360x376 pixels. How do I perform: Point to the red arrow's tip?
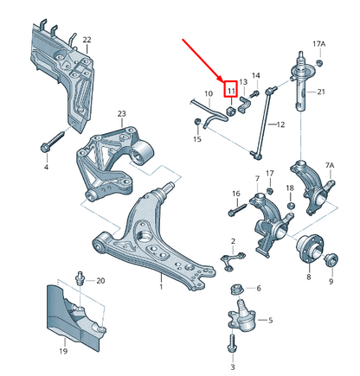coord(222,82)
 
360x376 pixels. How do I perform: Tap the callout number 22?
coord(87,40)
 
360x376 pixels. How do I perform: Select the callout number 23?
coord(122,113)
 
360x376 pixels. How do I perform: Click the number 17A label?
coord(319,44)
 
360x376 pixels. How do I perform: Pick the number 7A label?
coord(330,165)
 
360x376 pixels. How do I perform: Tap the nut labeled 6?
coord(238,290)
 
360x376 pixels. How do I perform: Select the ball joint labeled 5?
coord(242,316)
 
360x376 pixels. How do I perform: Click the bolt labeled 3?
coord(233,344)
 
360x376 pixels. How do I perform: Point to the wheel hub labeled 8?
coord(311,249)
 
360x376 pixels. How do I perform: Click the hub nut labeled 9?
coord(331,260)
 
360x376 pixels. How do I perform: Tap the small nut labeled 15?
coord(197,121)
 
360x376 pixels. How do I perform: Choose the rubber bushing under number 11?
coord(231,111)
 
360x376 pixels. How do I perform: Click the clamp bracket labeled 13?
coord(244,105)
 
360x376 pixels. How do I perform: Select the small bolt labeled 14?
coord(254,93)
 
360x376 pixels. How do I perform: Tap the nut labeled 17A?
coord(319,62)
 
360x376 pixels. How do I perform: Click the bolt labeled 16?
coord(238,209)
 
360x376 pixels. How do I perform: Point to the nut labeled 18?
coord(291,206)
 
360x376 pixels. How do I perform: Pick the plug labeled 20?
coord(80,278)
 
